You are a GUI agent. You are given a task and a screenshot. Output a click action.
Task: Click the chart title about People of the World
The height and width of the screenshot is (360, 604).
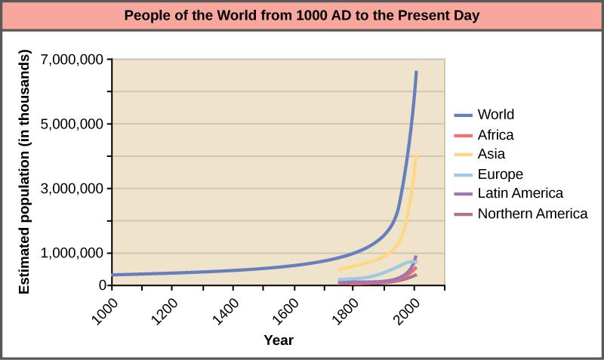point(302,15)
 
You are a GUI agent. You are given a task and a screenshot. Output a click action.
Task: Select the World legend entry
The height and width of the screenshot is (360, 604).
point(495,115)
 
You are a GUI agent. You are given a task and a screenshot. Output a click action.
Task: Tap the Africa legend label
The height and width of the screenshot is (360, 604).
point(495,135)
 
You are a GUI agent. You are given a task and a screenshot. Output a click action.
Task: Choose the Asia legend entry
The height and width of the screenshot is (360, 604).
point(491,155)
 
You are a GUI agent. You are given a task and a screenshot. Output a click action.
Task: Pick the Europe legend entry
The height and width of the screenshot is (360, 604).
point(500,174)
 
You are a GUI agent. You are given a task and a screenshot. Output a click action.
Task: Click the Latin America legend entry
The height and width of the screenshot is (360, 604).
point(519,194)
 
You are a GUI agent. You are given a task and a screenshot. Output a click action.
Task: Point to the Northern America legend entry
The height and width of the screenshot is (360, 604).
point(532,214)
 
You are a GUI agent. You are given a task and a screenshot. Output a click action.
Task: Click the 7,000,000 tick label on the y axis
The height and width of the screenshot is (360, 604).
point(70,60)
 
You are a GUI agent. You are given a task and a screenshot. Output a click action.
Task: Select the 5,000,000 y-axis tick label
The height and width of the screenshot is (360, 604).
point(70,124)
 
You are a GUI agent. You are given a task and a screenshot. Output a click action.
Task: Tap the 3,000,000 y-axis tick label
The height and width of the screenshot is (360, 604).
point(70,189)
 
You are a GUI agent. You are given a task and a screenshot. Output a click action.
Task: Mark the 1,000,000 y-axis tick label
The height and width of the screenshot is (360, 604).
point(70,253)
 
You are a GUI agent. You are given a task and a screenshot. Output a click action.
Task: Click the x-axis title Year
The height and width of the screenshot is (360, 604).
point(279,340)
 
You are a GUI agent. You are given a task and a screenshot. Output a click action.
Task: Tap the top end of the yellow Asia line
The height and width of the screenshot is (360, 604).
point(416,156)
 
